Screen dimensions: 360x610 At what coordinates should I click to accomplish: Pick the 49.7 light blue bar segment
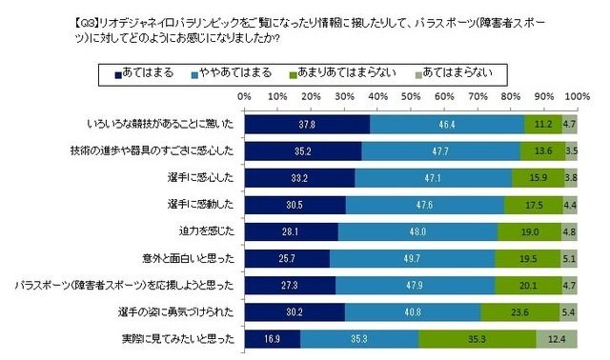(x=412, y=256)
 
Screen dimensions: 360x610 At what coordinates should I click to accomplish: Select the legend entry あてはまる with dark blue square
(x=143, y=72)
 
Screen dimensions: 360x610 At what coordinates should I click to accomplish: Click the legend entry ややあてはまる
(x=229, y=72)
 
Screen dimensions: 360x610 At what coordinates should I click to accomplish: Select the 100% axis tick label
(x=576, y=96)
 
